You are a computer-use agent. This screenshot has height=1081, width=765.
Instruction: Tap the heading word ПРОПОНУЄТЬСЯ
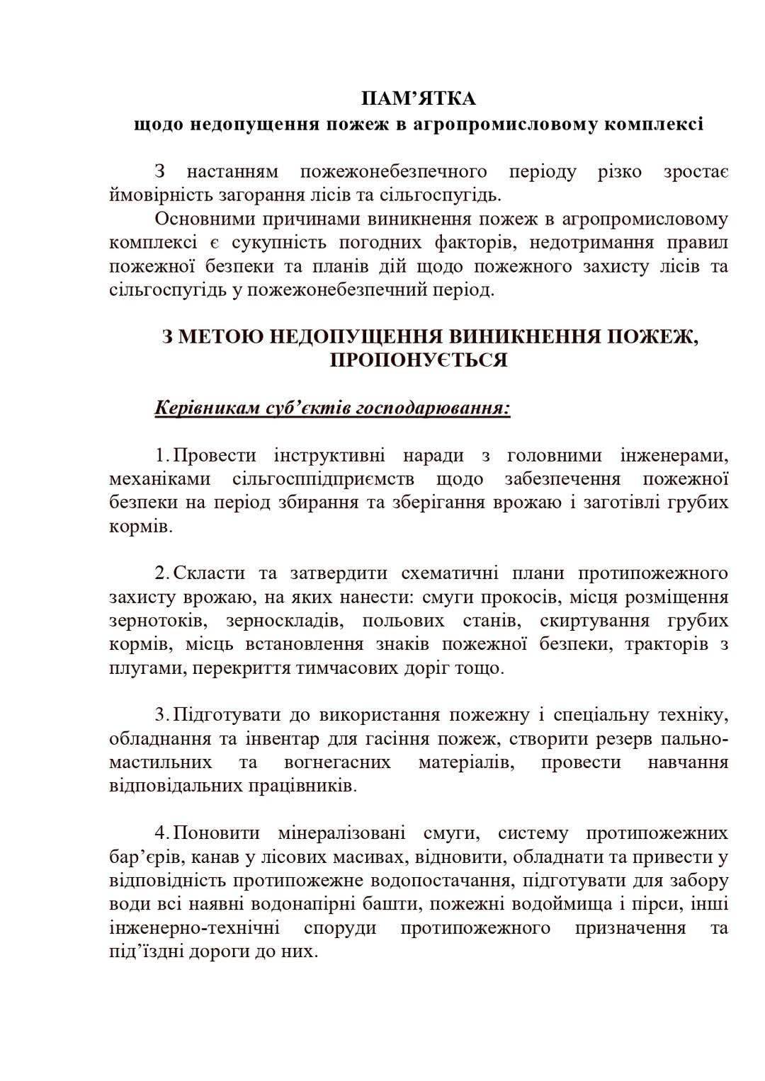(419, 360)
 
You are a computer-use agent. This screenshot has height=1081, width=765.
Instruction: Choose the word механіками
(160, 479)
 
